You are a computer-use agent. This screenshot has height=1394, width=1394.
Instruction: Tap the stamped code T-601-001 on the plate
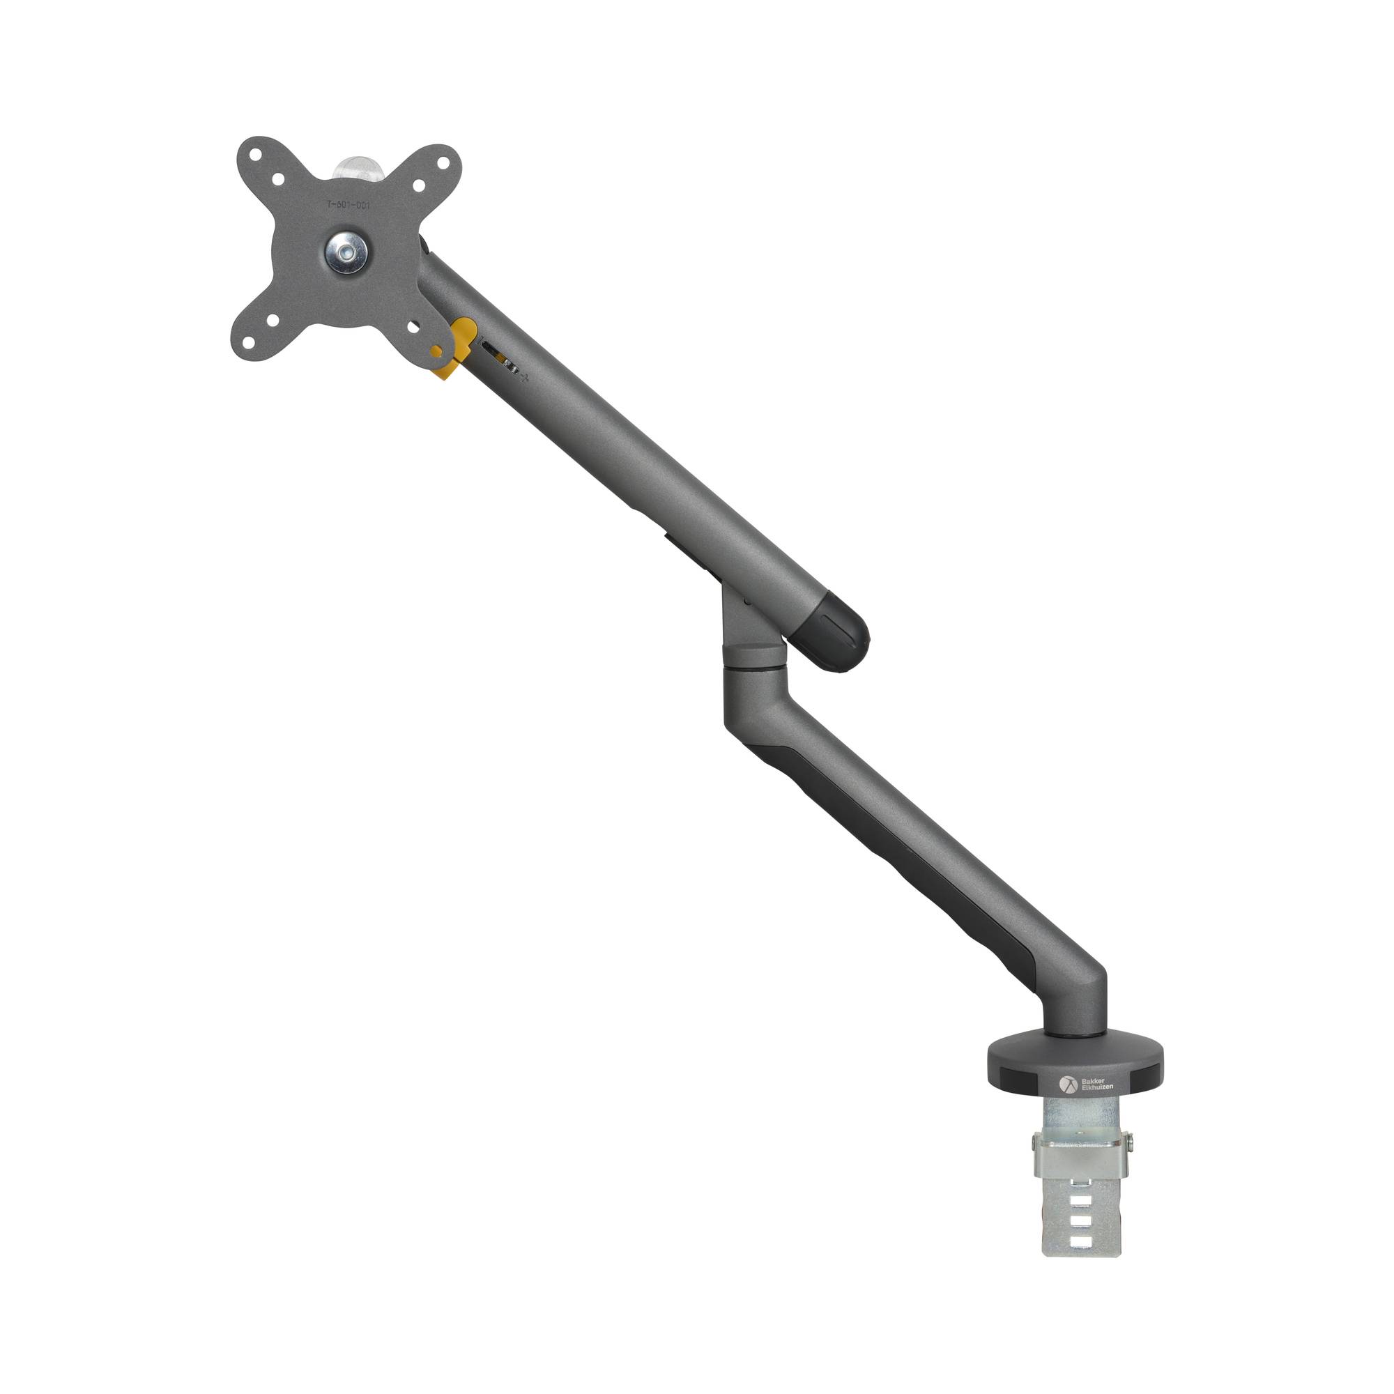click(x=348, y=206)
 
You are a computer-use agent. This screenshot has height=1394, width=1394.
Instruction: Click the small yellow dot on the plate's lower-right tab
click(x=436, y=351)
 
